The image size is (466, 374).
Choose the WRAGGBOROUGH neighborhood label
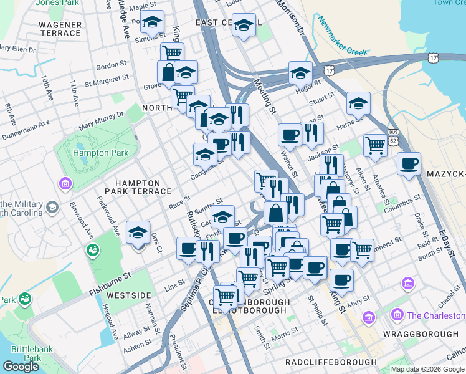point(422,334)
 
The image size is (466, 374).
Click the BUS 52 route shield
point(392,136)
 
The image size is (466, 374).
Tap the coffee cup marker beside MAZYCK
point(409,164)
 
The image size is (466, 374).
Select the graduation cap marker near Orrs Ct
point(138,233)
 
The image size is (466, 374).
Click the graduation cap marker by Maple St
point(152,22)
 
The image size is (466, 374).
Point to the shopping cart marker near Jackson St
point(375,145)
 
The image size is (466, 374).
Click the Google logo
point(21,367)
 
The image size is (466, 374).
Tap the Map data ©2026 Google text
point(427,369)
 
